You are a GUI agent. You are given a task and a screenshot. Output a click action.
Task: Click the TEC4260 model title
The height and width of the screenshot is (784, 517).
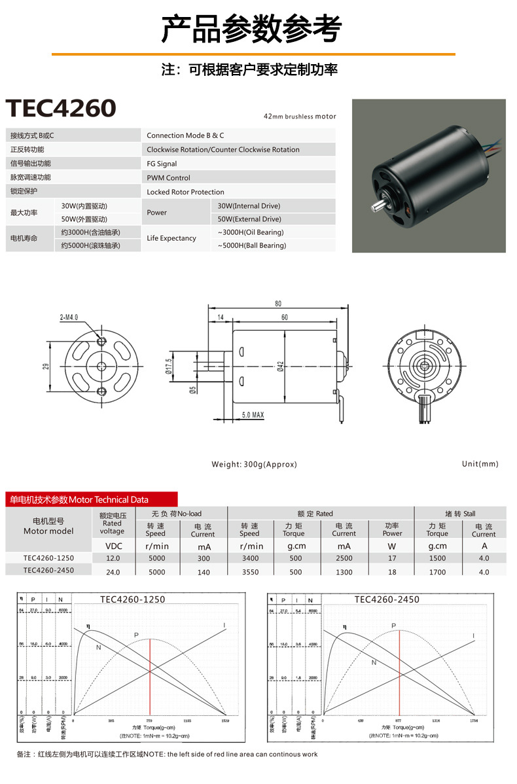coord(61,109)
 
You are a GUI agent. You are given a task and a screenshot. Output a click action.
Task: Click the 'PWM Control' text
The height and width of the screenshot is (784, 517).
coord(168,177)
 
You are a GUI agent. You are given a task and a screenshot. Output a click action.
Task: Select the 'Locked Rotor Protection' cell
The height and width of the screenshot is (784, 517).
coord(185,192)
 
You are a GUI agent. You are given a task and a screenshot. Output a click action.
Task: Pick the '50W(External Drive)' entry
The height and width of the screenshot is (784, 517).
coord(249,219)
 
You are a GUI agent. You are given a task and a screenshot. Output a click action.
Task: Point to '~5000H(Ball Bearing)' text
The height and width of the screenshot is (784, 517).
coord(252,245)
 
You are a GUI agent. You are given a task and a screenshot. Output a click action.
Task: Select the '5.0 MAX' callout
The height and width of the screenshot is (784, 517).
coord(253,415)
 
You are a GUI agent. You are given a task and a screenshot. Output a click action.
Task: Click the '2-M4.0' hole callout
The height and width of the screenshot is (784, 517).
coord(69,317)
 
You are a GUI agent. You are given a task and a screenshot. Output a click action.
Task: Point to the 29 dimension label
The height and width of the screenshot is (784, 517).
coord(46,366)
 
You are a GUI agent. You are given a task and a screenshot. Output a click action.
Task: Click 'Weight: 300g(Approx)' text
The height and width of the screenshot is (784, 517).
coord(254,464)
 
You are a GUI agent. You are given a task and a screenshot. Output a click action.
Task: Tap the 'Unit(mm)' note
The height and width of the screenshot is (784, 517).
coord(480,464)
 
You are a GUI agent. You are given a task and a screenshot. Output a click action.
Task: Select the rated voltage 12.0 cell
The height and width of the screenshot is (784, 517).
coord(113,558)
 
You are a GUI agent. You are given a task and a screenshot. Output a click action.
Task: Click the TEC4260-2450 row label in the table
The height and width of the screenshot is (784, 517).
coord(48,571)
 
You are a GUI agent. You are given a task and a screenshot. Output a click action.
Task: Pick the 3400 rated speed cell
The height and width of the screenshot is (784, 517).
coord(250,558)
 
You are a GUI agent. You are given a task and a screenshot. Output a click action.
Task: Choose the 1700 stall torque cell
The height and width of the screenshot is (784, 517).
coord(437,572)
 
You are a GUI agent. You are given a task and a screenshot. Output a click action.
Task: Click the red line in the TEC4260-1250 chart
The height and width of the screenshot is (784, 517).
coord(151,674)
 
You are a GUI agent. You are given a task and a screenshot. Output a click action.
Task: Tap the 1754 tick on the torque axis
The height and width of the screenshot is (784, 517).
coord(474,721)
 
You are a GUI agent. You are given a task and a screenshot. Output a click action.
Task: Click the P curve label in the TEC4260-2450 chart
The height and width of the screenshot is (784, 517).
coord(394,626)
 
